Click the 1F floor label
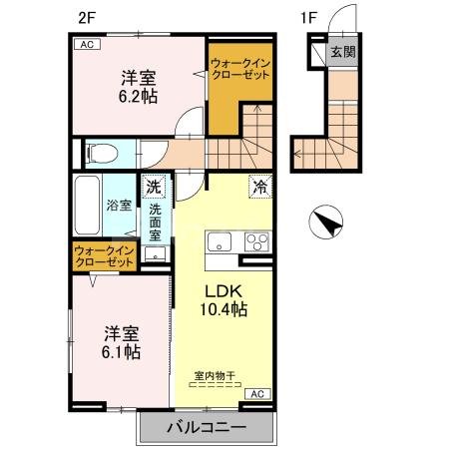click(310, 17)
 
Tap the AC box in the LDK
click(253, 393)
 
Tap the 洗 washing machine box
click(154, 187)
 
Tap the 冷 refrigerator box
click(258, 186)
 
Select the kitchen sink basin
click(219, 241)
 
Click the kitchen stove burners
click(256, 241)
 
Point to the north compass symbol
click(325, 221)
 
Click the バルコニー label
click(206, 427)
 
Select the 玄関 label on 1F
click(343, 52)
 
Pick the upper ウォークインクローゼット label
click(239, 72)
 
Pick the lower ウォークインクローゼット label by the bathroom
click(104, 256)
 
